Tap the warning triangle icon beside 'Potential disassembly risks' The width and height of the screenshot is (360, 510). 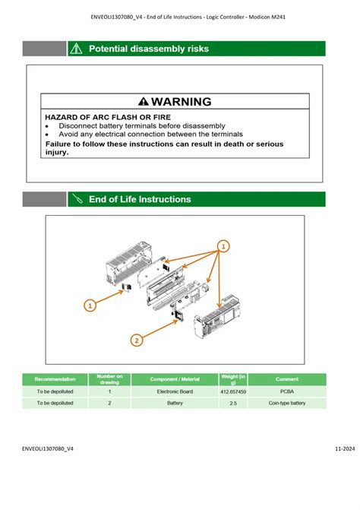(x=76, y=49)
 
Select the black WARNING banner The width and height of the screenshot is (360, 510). (x=175, y=101)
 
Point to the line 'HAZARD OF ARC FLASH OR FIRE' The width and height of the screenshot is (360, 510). (x=108, y=117)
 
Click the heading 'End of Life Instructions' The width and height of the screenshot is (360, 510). (x=140, y=199)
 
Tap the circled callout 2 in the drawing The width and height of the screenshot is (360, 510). (x=136, y=340)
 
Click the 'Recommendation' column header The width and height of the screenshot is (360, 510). (x=55, y=379)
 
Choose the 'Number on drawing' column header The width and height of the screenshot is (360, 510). (x=109, y=379)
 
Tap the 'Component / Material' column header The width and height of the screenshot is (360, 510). (x=175, y=379)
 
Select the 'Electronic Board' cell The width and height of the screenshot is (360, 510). (x=175, y=391)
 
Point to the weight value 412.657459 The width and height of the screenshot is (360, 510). (x=233, y=391)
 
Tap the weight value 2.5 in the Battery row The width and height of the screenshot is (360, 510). (x=233, y=403)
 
